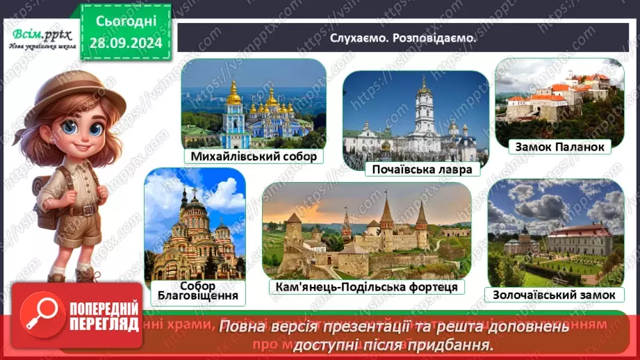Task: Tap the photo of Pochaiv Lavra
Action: pos(416,115)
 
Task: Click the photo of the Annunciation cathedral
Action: pos(195,222)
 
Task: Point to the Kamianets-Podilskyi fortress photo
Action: pos(366,229)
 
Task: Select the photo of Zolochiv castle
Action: pos(555,233)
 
